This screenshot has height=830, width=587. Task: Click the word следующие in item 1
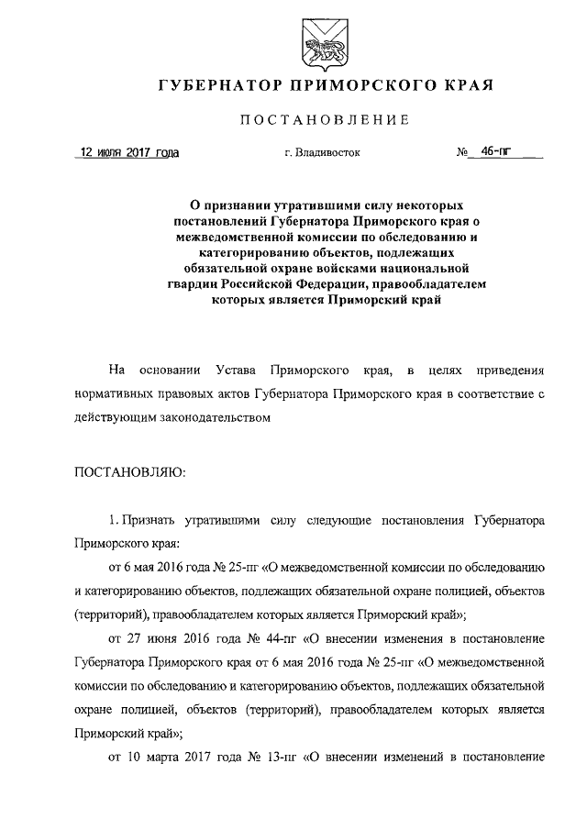tap(343, 519)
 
